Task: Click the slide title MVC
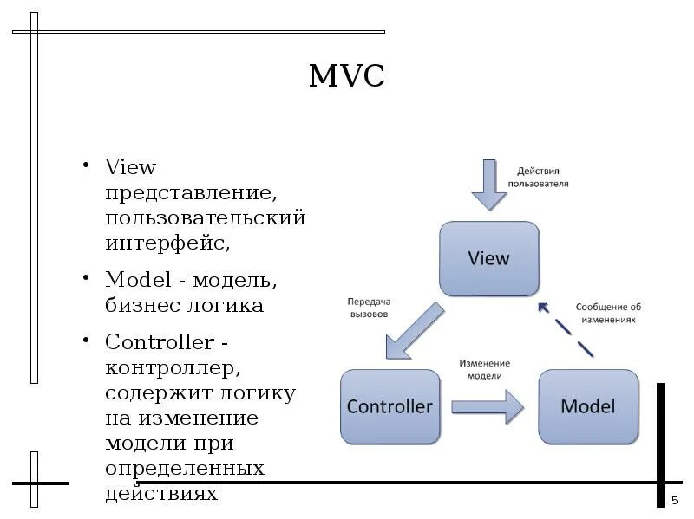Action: point(346,76)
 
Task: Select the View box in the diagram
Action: point(489,258)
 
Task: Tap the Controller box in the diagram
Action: point(390,406)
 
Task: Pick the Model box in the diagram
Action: point(587,406)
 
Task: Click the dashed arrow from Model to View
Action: point(565,329)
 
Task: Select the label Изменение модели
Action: point(485,369)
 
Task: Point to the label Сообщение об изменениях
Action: point(607,313)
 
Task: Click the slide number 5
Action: point(674,501)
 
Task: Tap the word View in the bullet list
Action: point(130,165)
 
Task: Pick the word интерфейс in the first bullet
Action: point(167,242)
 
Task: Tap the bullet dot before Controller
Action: point(87,338)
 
